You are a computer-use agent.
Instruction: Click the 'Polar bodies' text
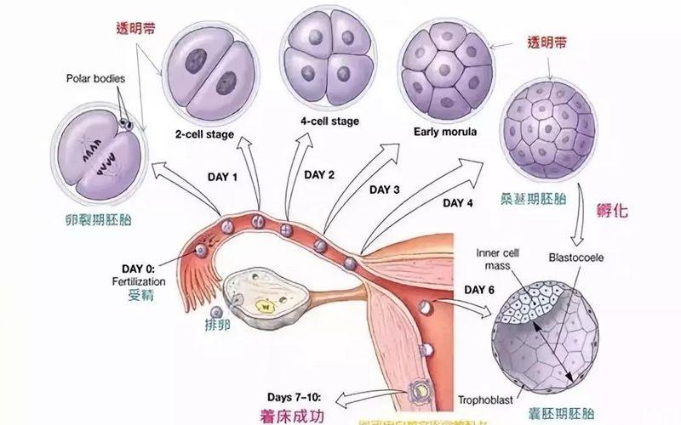click(95, 78)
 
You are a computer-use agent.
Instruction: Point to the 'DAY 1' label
click(223, 177)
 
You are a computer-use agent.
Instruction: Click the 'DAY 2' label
click(319, 174)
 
